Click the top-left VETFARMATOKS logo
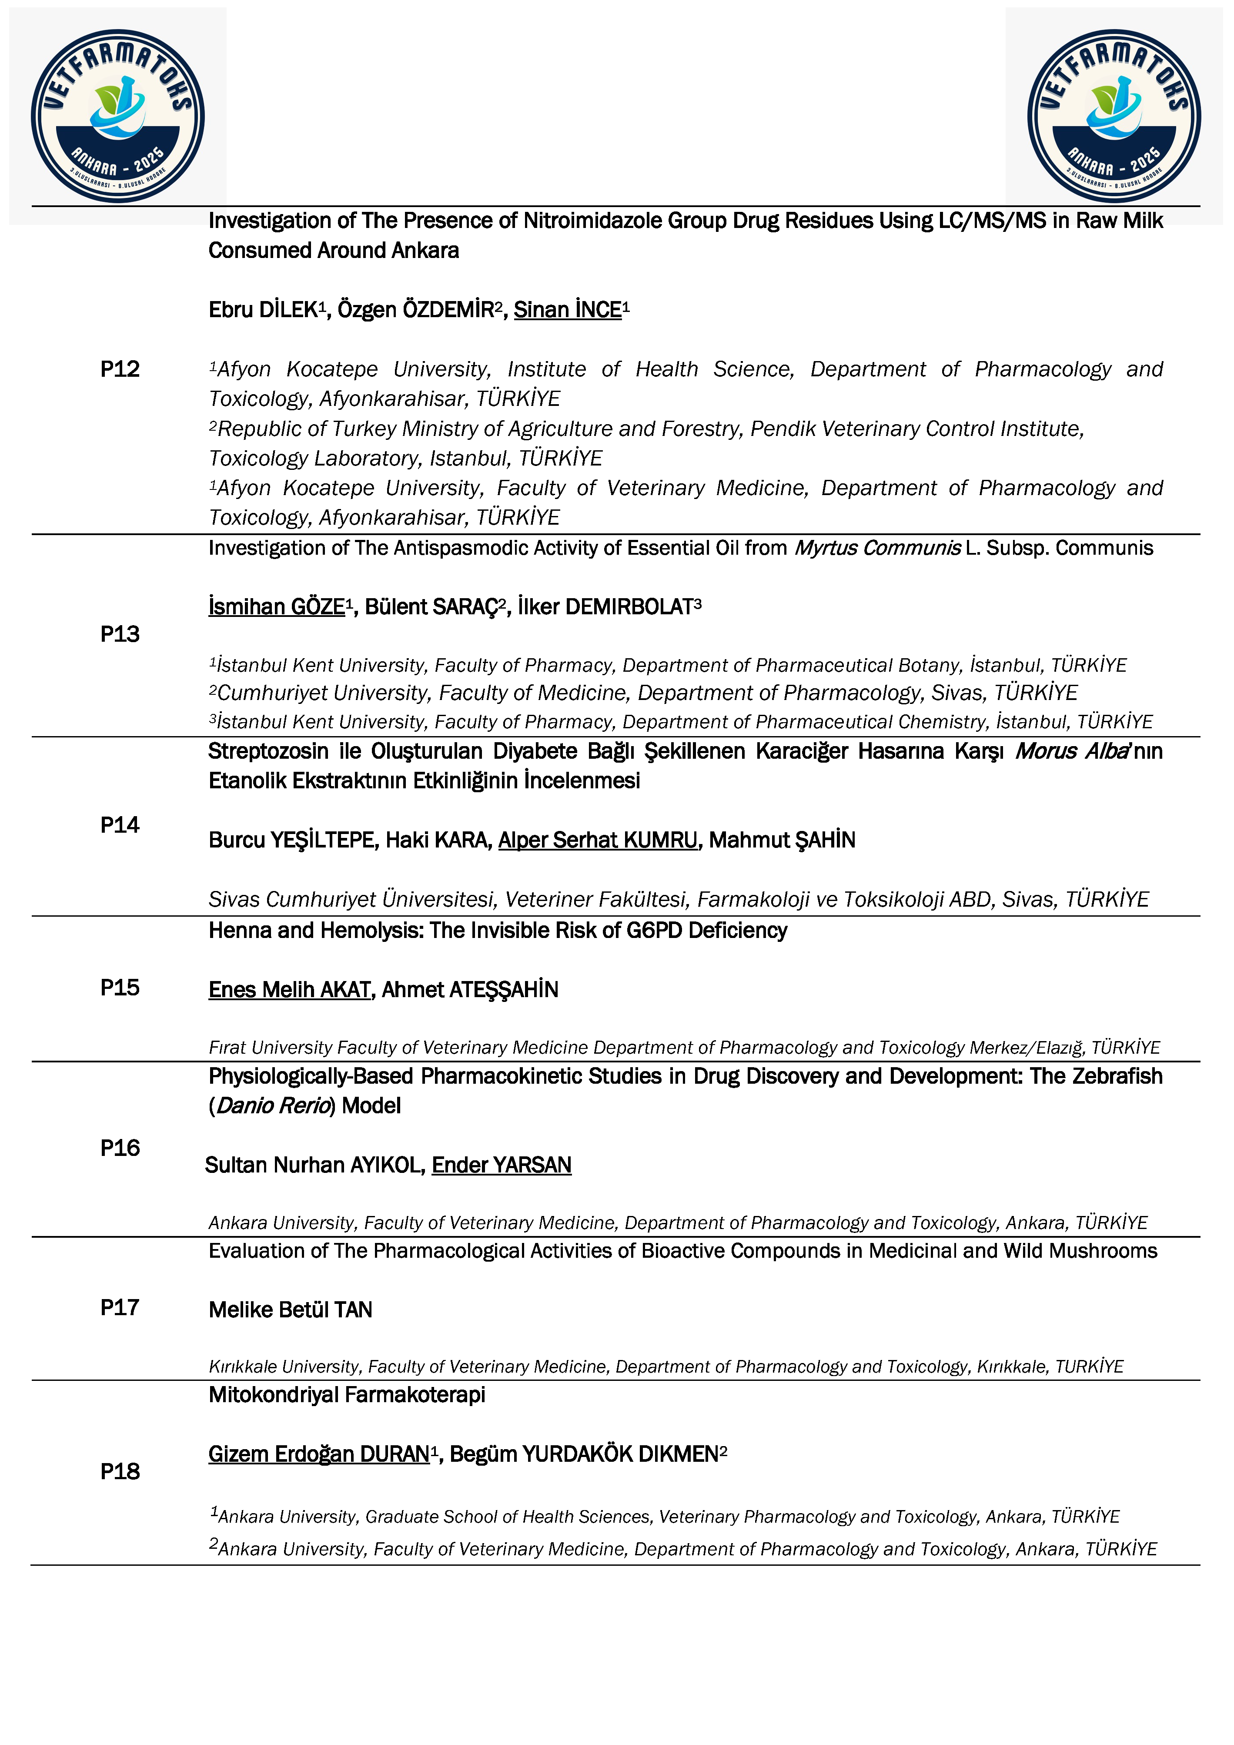pyautogui.click(x=118, y=116)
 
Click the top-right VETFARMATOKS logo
pyautogui.click(x=1114, y=116)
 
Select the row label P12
pyautogui.click(x=120, y=369)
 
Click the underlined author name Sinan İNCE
pyautogui.click(x=568, y=310)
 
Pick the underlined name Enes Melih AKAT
pyautogui.click(x=290, y=990)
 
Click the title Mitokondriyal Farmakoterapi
pyautogui.click(x=347, y=1395)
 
